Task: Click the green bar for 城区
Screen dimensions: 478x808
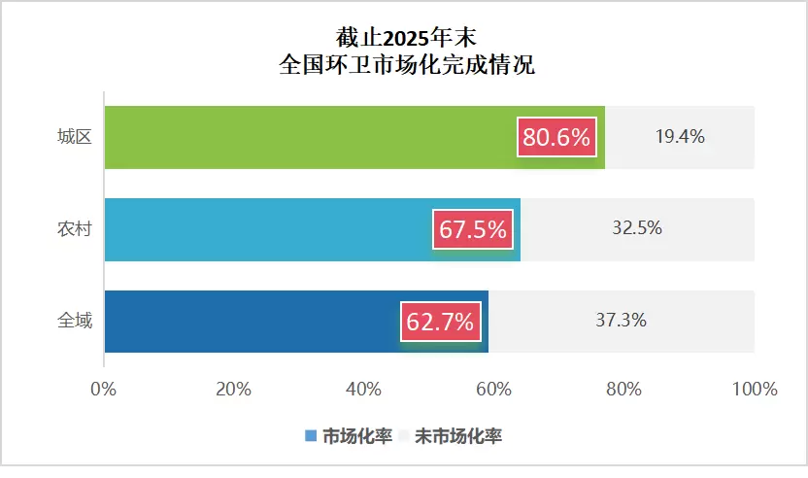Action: tap(311, 137)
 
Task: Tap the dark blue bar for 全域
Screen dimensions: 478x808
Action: tap(252, 322)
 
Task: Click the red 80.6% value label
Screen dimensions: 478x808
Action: tap(556, 138)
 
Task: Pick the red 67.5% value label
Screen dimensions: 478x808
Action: tap(473, 230)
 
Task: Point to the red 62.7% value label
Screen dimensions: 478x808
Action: tap(440, 322)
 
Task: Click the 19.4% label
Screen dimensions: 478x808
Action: tap(679, 137)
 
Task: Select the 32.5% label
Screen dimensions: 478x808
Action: tap(637, 228)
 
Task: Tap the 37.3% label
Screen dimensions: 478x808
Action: tap(622, 320)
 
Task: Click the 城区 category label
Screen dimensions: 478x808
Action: tap(75, 137)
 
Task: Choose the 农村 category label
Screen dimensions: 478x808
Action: tap(75, 229)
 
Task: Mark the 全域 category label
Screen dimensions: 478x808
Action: tap(75, 320)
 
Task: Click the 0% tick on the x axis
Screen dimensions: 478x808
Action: tap(103, 390)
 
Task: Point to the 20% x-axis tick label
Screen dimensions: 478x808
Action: tap(233, 390)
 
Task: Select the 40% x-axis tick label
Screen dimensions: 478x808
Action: tap(363, 390)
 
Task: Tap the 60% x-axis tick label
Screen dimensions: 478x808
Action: tap(493, 390)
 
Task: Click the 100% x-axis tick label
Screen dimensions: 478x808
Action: tap(755, 390)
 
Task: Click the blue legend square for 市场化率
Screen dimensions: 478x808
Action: tap(311, 436)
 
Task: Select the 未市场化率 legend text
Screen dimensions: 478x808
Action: tap(458, 436)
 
